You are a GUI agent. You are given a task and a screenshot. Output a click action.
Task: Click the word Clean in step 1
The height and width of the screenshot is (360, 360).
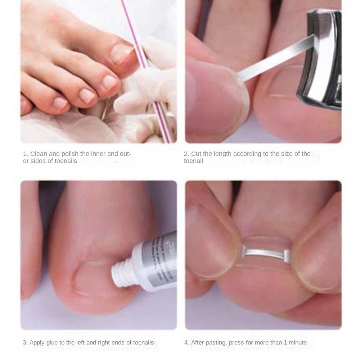click(x=39, y=154)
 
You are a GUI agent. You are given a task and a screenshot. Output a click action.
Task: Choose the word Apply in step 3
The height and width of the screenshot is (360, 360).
click(x=37, y=342)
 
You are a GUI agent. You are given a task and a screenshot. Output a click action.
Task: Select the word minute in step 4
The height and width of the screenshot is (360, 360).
click(x=297, y=342)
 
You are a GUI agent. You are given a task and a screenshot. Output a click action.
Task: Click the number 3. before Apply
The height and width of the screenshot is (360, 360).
click(x=25, y=342)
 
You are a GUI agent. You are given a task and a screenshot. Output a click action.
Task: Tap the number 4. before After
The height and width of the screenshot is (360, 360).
click(x=186, y=342)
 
